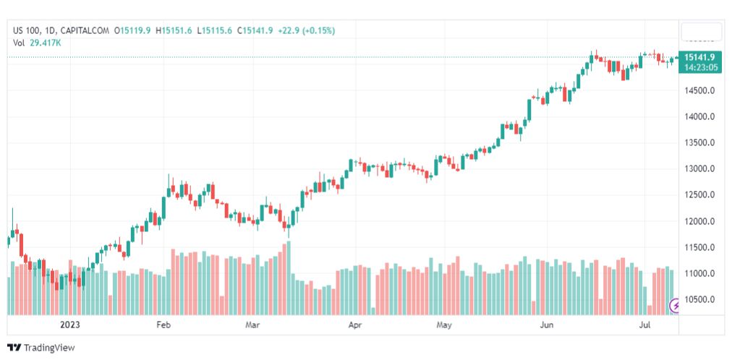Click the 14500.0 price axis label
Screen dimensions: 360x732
[700, 90]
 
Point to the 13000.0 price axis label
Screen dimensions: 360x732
[700, 168]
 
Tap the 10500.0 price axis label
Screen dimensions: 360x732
[700, 299]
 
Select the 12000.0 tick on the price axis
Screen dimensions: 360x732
[700, 221]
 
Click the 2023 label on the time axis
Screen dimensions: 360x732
[70, 325]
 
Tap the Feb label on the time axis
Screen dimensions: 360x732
[163, 325]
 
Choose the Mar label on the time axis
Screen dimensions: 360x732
[252, 325]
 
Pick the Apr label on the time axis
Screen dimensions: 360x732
[354, 325]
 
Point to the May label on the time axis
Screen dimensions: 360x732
[444, 325]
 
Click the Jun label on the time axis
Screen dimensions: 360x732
[548, 325]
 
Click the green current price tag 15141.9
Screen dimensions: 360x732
[700, 57]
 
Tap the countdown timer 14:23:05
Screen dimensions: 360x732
[700, 67]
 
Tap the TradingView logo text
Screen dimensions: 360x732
[48, 348]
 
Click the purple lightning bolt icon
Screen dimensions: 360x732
[676, 306]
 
